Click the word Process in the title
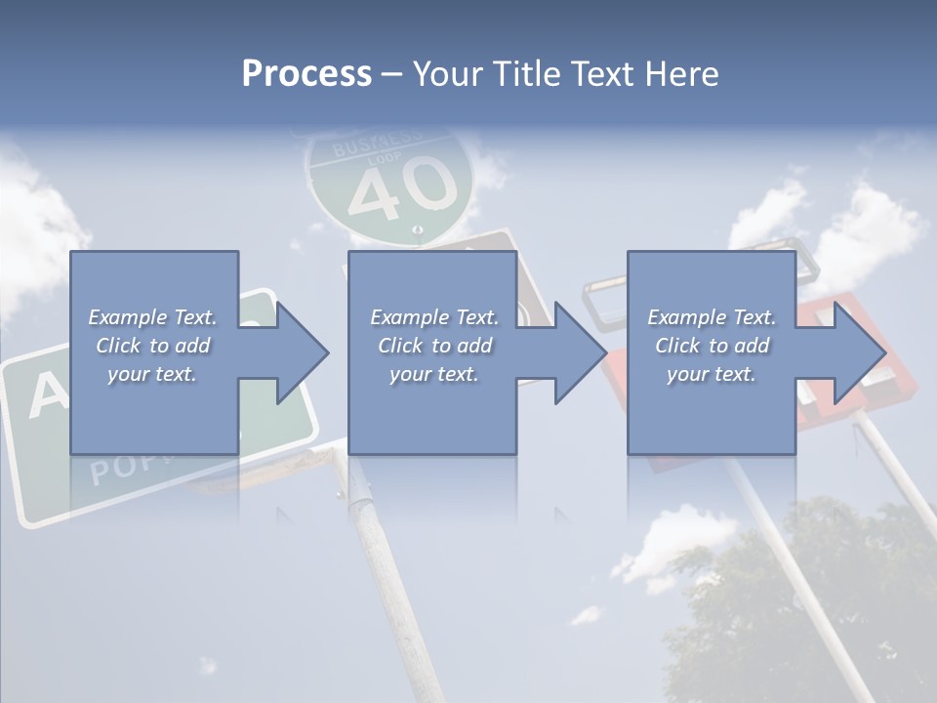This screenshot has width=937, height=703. point(306,74)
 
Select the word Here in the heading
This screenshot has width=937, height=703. point(682,74)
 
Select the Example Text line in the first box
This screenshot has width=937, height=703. point(153,317)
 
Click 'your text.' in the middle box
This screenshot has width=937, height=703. point(433,374)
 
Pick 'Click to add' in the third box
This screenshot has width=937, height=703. point(713,346)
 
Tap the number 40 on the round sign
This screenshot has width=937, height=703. point(403,188)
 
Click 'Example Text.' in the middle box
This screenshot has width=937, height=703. point(433,317)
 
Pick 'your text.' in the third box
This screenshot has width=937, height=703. point(713,374)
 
